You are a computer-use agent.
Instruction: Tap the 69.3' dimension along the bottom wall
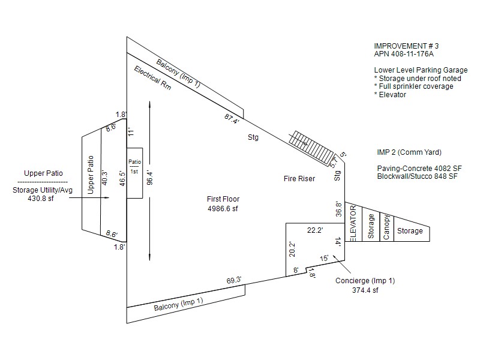click(233, 280)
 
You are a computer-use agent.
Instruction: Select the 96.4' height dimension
click(157, 178)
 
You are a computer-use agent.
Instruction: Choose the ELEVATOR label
click(353, 223)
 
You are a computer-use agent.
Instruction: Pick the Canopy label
click(387, 227)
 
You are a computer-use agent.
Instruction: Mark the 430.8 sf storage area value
click(41, 198)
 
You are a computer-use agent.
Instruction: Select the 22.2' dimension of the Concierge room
click(315, 230)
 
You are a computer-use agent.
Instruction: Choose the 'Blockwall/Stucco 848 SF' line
click(418, 176)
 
